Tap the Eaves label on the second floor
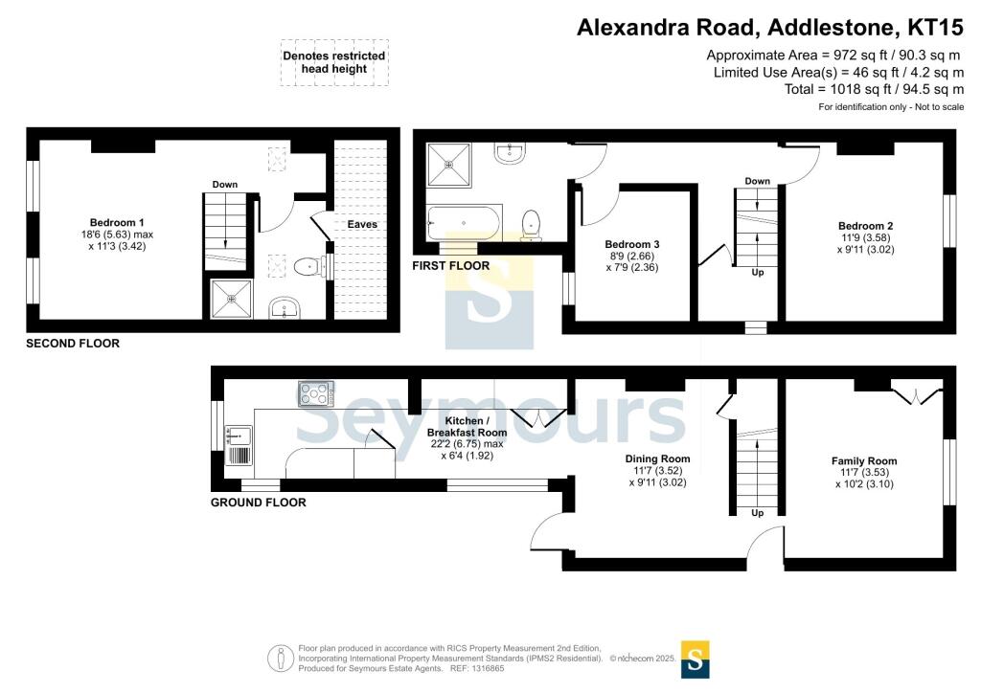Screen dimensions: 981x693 362,224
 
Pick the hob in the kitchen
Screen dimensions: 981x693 316,393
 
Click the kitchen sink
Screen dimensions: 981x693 239,445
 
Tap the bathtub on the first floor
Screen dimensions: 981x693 464,223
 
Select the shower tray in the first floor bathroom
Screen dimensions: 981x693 448,165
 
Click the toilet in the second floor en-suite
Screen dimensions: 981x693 309,267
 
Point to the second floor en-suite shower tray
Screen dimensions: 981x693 232,299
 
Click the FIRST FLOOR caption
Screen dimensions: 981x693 450,265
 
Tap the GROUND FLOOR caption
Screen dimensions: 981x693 259,503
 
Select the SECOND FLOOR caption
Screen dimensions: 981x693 73,343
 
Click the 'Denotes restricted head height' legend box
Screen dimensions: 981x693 334,62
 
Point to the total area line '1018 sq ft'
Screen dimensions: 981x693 874,89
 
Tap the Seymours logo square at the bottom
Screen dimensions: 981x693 696,659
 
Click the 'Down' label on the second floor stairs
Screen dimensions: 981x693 224,185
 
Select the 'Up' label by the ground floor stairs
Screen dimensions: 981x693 758,513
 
